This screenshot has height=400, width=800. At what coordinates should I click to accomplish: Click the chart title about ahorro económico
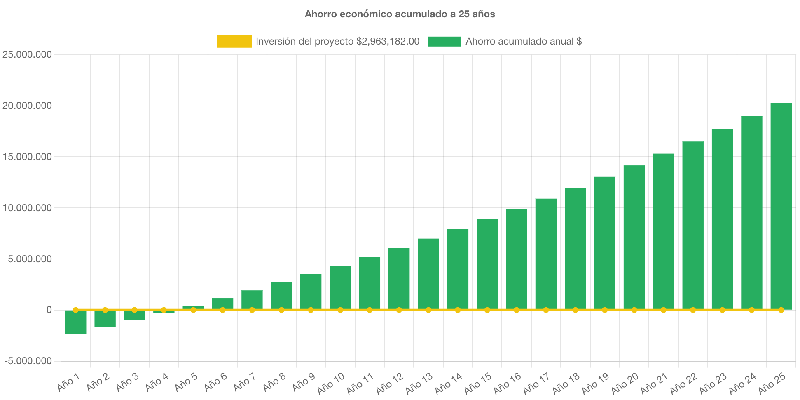point(400,14)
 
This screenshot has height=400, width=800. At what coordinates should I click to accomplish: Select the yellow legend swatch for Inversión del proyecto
point(234,41)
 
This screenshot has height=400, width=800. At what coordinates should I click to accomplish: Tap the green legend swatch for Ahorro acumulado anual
point(444,41)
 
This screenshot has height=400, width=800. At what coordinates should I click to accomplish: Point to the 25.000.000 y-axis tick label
point(27,54)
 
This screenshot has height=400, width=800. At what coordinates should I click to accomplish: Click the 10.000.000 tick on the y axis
point(27,208)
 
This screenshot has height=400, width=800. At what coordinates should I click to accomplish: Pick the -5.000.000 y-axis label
point(28,361)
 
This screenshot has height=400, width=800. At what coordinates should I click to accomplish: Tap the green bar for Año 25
point(781,206)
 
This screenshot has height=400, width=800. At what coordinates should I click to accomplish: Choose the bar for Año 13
point(428,274)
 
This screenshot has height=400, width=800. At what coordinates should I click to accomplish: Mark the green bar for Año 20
point(634,237)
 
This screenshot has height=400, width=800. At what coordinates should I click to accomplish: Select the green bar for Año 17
point(546,254)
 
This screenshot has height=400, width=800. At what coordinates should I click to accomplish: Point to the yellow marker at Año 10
point(340,310)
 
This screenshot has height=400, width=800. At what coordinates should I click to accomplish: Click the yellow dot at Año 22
point(693,310)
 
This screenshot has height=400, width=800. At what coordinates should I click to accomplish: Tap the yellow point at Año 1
point(76,310)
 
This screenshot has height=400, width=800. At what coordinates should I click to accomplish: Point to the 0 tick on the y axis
point(49,310)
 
